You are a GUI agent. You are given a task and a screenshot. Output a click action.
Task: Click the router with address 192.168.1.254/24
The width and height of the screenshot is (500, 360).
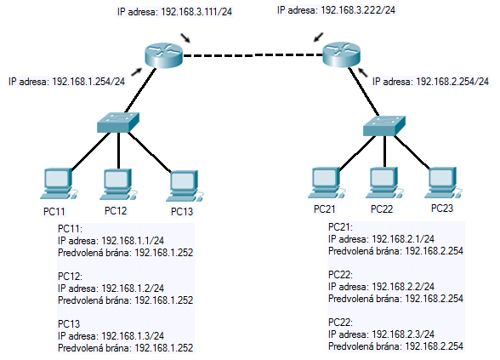163,55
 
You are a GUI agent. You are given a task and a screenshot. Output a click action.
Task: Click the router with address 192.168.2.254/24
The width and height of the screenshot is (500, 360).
341,54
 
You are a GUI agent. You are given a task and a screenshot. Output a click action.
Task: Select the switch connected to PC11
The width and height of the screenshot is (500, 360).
118,122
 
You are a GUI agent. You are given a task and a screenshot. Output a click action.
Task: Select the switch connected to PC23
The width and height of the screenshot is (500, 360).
384,126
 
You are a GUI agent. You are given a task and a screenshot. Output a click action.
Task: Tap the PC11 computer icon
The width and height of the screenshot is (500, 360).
59,184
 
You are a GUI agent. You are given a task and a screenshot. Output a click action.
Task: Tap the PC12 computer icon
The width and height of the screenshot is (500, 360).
118,184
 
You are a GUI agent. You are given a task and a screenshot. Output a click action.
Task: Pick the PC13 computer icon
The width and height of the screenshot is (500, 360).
185,186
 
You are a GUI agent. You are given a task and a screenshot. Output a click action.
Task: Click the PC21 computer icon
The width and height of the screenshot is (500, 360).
327,182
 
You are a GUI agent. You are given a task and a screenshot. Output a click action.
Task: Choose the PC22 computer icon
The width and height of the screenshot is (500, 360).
384,182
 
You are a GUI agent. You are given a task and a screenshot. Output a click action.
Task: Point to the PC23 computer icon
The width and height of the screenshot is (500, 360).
443,182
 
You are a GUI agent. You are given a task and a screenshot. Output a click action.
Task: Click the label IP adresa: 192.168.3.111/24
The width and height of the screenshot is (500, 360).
175,12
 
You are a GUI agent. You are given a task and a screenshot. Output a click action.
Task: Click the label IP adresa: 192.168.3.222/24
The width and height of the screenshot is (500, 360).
337,10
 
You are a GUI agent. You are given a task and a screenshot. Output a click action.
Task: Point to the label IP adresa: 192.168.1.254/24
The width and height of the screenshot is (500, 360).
66,82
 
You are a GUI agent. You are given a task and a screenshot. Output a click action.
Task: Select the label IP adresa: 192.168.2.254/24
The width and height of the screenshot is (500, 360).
430,82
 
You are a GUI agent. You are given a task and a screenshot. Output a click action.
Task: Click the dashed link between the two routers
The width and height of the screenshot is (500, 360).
253,55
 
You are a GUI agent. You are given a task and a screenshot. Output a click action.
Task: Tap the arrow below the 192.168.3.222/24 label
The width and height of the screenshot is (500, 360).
318,37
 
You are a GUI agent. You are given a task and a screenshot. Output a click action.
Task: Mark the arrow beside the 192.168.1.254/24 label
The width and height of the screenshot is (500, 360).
136,72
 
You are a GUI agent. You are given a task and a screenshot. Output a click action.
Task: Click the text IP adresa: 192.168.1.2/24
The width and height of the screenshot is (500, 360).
111,289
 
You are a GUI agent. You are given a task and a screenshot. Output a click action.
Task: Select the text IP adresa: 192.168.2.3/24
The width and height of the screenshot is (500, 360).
381,334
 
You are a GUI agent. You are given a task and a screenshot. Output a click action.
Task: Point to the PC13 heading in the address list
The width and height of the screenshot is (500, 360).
69,324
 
